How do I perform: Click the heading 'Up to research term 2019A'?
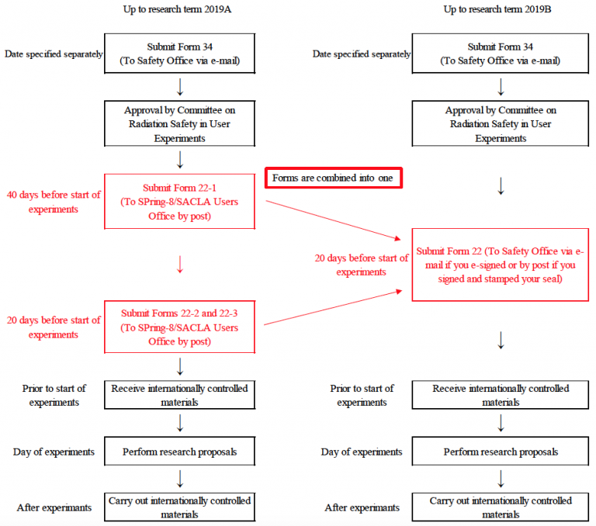[x=179, y=9]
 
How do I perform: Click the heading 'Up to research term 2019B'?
[x=501, y=9]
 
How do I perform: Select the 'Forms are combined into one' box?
[x=334, y=178]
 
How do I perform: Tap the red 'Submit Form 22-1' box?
[x=179, y=202]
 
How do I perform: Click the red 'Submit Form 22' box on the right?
[x=501, y=265]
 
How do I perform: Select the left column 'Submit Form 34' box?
[x=179, y=54]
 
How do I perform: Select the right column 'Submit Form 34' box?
[x=501, y=54]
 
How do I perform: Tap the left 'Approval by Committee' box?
[x=179, y=124]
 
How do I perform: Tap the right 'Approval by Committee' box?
[x=501, y=124]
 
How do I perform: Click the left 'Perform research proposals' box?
[x=179, y=452]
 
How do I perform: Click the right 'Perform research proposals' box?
[x=501, y=452]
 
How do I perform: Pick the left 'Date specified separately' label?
[x=53, y=54]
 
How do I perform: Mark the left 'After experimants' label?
[x=54, y=507]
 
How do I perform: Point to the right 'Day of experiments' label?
[x=362, y=452]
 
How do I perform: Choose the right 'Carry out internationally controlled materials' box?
[x=501, y=507]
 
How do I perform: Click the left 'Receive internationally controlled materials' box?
[x=179, y=395]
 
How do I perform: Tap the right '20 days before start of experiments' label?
[x=362, y=265]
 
